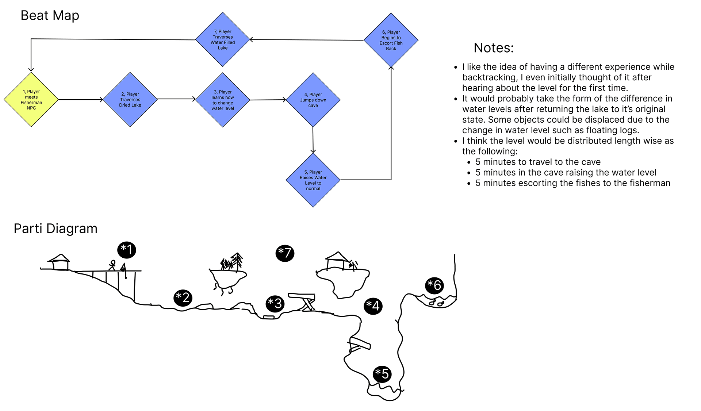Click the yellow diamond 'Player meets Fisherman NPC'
[31, 100]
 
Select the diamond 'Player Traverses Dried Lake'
[130, 100]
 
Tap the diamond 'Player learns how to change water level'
[223, 100]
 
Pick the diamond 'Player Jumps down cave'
[313, 100]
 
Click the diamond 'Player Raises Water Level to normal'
[313, 180]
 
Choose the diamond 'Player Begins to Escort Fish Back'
[391, 40]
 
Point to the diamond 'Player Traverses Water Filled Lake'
[223, 39]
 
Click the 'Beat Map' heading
[50, 16]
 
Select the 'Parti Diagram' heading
[55, 228]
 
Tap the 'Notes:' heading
[494, 48]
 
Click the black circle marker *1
[127, 250]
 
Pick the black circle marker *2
[183, 297]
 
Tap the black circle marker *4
[374, 306]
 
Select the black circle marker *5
[382, 373]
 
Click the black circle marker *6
[434, 285]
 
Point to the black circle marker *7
[285, 253]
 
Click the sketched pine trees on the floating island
[232, 262]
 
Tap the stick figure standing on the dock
[112, 265]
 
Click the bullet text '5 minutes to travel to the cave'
[538, 162]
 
